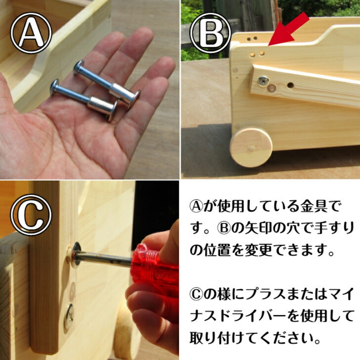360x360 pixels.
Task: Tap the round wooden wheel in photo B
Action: click(x=251, y=147)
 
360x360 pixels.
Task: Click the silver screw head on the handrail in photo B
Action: click(x=262, y=81)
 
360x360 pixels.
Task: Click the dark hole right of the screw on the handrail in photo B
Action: click(x=290, y=84)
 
